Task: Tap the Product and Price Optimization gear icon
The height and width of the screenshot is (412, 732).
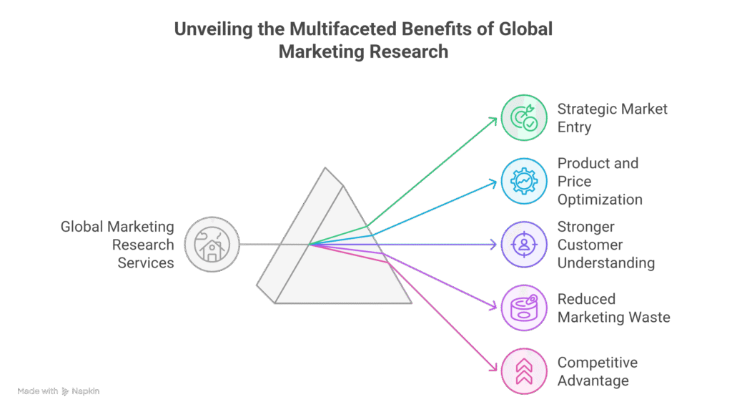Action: (x=524, y=181)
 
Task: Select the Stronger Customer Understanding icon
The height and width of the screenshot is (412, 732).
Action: (x=524, y=245)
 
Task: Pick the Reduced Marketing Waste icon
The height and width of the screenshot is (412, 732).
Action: (x=524, y=308)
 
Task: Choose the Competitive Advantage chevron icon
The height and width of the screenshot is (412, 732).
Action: (x=524, y=371)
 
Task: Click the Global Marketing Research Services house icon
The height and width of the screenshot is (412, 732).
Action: (x=212, y=245)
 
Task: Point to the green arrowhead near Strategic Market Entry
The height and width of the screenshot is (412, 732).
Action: (x=493, y=120)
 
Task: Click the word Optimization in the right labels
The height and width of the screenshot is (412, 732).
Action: (x=600, y=200)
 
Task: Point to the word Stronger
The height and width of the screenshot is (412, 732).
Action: (x=585, y=227)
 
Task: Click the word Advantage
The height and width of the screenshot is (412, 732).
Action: (x=593, y=381)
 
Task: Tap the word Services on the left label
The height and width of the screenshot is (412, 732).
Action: (x=146, y=263)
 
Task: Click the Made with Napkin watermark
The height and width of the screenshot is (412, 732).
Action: (x=59, y=391)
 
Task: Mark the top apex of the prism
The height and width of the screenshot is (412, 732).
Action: (x=326, y=169)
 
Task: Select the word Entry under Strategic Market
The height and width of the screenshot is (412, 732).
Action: (x=574, y=128)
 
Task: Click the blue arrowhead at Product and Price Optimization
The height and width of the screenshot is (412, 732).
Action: (x=493, y=183)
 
